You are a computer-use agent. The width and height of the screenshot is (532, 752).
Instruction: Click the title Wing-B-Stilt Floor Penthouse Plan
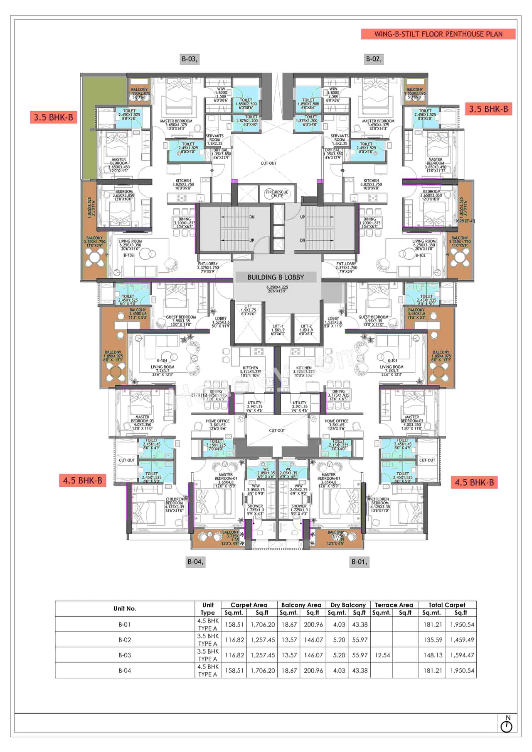tap(438, 34)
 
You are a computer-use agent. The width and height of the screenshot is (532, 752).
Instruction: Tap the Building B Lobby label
tap(276, 277)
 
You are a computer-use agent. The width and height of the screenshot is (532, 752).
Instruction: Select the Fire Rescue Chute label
tap(277, 194)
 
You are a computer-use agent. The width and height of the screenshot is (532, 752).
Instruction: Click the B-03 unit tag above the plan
tap(190, 59)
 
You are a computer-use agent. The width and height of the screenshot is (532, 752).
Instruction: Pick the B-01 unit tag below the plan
tap(360, 562)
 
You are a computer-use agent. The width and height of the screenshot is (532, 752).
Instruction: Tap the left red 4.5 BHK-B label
tap(82, 481)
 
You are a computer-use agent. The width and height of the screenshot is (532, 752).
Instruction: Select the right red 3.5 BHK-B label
tap(488, 109)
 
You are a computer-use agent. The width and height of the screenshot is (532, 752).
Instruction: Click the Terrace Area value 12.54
tap(382, 655)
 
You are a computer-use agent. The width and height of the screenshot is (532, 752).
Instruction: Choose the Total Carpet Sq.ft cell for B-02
tap(462, 640)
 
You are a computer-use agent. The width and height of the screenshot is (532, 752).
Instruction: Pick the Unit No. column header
tap(125, 608)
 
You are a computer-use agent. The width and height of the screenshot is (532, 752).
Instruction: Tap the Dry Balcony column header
tap(348, 605)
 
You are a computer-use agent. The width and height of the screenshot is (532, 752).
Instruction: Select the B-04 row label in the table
tap(125, 671)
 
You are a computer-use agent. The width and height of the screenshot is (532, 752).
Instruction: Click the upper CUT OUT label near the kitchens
tap(268, 163)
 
